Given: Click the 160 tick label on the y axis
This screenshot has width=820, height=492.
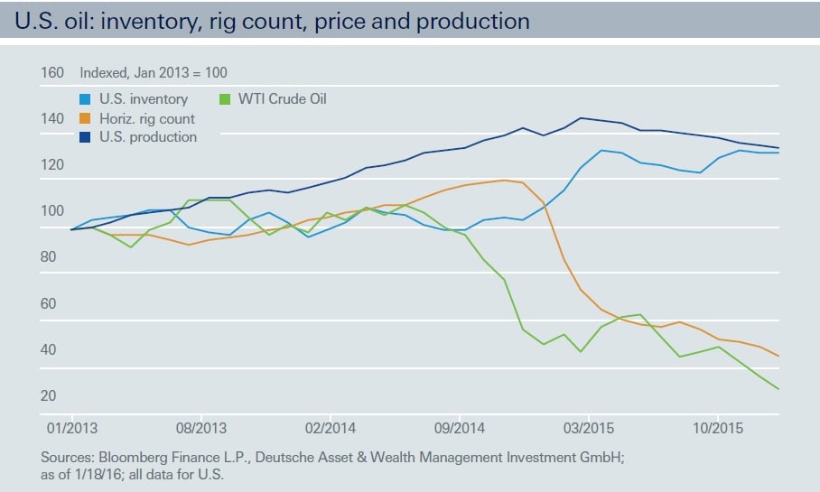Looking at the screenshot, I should [52, 72].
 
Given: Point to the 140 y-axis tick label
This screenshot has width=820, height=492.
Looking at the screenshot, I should [52, 118].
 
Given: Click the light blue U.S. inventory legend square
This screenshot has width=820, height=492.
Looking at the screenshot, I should [86, 98].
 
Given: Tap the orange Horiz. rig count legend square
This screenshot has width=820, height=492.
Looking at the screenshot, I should [86, 118].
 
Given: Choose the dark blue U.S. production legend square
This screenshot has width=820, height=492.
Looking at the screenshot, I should [86, 137].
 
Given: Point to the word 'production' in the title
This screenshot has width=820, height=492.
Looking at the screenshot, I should [471, 20].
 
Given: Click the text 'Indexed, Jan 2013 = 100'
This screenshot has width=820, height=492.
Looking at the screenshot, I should [154, 72].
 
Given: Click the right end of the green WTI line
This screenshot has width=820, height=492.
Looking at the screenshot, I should [778, 389].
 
